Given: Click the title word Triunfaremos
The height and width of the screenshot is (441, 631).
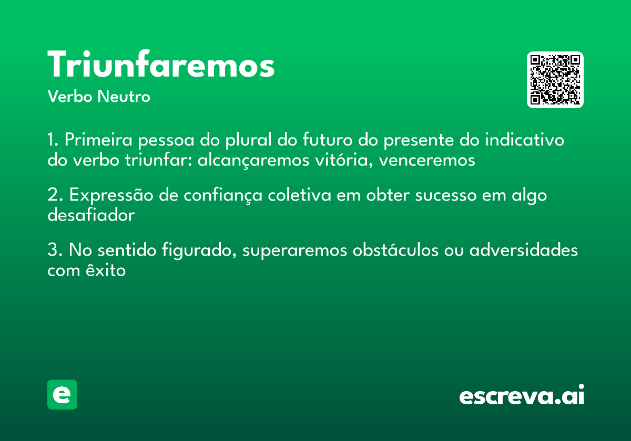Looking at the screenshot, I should pyautogui.click(x=161, y=66).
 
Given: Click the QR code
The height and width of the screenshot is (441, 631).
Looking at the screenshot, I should pyautogui.click(x=555, y=80).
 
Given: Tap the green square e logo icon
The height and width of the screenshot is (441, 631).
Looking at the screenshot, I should pyautogui.click(x=62, y=394).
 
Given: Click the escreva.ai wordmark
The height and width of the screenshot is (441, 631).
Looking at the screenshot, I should pyautogui.click(x=522, y=396).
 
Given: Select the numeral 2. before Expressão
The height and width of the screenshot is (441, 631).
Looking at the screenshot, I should pyautogui.click(x=54, y=195).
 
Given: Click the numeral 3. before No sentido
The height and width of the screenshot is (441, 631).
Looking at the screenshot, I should pyautogui.click(x=54, y=250).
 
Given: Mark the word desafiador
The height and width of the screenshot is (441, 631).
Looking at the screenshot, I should pyautogui.click(x=91, y=215).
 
